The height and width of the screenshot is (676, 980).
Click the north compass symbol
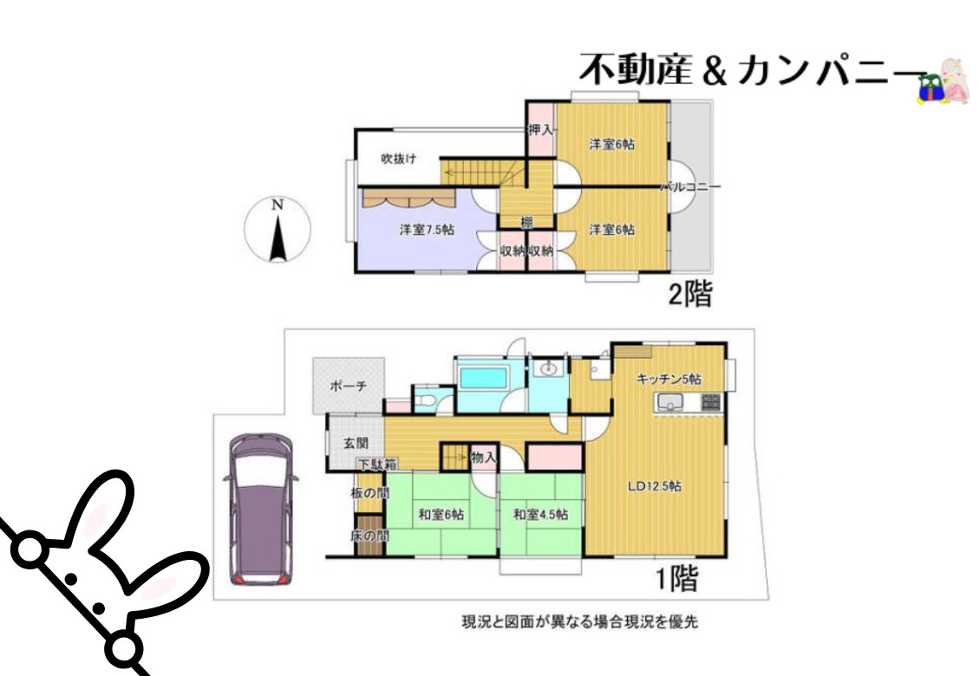(278, 230)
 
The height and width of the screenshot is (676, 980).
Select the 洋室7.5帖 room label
(427, 231)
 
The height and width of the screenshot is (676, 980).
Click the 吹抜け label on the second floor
(399, 159)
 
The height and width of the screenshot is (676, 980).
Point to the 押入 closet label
(540, 130)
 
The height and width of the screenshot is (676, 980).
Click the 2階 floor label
(689, 296)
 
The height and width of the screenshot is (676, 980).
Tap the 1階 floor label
(676, 578)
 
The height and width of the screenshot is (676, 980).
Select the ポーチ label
(349, 386)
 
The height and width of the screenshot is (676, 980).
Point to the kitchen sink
(670, 403)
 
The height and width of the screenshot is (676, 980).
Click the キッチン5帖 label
(668, 379)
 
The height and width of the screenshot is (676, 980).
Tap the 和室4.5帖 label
(539, 515)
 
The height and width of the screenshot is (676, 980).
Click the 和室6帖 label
(441, 515)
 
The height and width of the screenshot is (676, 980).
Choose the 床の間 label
(369, 536)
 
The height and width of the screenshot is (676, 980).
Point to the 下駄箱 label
(379, 464)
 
